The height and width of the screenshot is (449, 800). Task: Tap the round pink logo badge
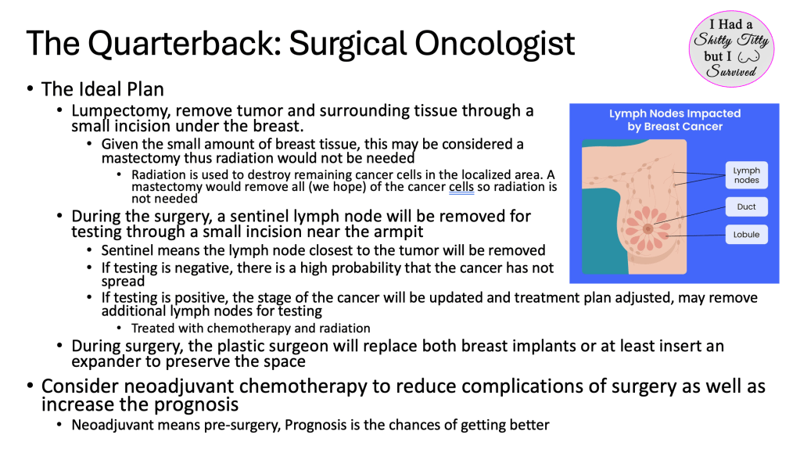pyautogui.click(x=731, y=48)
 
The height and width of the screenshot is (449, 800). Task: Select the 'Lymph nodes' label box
pyautogui.click(x=746, y=175)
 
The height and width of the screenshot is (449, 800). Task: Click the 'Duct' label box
pyautogui.click(x=746, y=207)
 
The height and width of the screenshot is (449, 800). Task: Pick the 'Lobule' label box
pyautogui.click(x=746, y=235)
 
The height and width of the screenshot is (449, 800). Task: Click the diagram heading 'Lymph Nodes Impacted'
pyautogui.click(x=675, y=113)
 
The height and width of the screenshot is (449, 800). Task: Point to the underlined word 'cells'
pyautogui.click(x=461, y=187)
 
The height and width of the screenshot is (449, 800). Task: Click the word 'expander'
pyautogui.click(x=105, y=361)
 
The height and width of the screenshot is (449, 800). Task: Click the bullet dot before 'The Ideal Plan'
pyautogui.click(x=30, y=89)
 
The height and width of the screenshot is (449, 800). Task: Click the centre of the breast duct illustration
pyautogui.click(x=648, y=229)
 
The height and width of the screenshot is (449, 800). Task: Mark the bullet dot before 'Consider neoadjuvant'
pyautogui.click(x=30, y=386)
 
